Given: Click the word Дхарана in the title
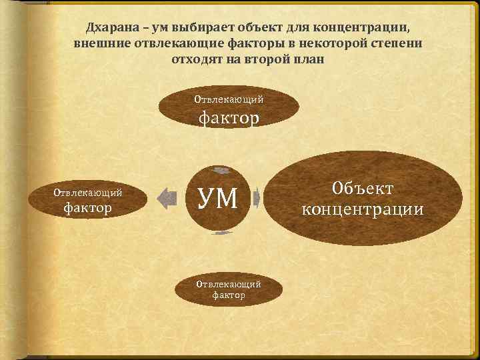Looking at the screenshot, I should click(x=110, y=28).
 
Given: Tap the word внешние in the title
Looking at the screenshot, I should click(x=102, y=43).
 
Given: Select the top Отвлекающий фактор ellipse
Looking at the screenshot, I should click(x=229, y=109).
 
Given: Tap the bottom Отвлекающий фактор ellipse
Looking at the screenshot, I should click(x=229, y=288).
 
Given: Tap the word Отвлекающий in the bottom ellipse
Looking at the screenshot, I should click(x=229, y=283).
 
